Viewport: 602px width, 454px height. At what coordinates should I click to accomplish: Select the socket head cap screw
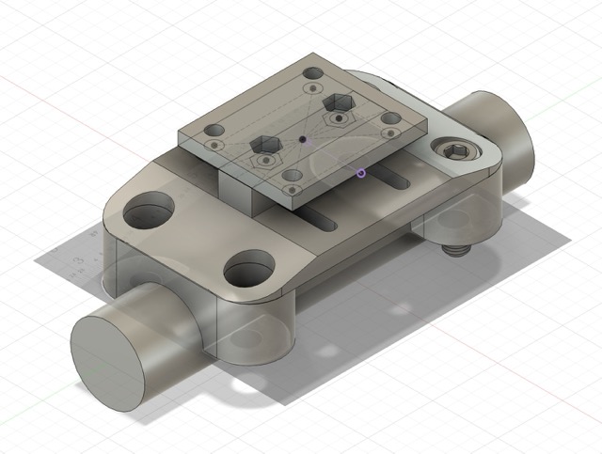(x=455, y=150)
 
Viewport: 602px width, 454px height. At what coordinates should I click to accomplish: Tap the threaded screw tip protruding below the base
(x=456, y=250)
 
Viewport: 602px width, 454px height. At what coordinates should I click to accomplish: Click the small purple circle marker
(x=360, y=172)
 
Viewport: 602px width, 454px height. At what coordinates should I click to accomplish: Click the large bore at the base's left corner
(x=146, y=209)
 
